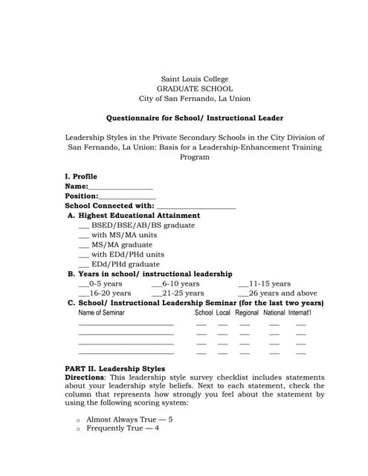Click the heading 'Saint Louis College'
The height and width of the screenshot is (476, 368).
pyautogui.click(x=195, y=79)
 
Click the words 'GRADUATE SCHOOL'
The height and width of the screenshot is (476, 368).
pyautogui.click(x=195, y=89)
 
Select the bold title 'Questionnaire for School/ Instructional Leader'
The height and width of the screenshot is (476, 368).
pyautogui.click(x=195, y=118)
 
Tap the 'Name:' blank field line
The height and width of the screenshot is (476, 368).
pyautogui.click(x=120, y=187)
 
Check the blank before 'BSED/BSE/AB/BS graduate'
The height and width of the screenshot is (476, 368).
pyautogui.click(x=83, y=225)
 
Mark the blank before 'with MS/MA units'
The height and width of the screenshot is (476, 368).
pyautogui.click(x=83, y=235)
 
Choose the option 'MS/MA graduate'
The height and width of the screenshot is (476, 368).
pyautogui.click(x=121, y=245)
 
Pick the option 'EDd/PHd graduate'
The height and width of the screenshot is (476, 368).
pyautogui.click(x=125, y=264)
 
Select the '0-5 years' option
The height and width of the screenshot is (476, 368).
pyautogui.click(x=105, y=283)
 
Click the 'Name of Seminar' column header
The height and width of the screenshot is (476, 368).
pyautogui.click(x=102, y=313)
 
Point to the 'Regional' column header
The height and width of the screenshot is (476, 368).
pyautogui.click(x=247, y=313)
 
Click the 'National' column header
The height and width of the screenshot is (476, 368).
pyautogui.click(x=274, y=313)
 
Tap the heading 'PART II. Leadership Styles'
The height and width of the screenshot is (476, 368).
pyautogui.click(x=115, y=369)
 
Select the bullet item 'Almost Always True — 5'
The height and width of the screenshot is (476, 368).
pyautogui.click(x=129, y=419)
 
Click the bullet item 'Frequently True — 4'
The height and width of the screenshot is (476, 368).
pyautogui.click(x=123, y=428)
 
